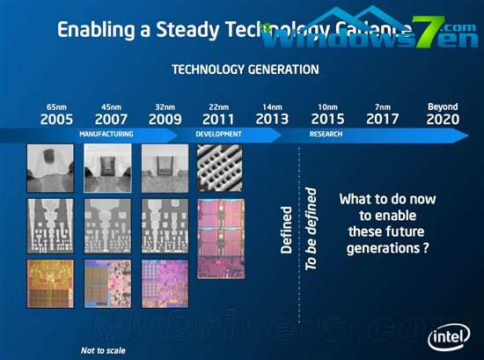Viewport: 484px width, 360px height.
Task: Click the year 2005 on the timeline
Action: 57,119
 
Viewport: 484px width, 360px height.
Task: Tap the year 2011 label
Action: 217,119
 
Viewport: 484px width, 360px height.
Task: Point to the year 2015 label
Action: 328,119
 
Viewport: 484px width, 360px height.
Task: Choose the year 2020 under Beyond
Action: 443,119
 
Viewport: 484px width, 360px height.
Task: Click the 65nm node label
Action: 57,107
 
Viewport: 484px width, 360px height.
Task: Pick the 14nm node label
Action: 272,107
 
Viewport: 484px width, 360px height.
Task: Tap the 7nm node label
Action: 382,107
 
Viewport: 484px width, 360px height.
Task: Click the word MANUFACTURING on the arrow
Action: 106,134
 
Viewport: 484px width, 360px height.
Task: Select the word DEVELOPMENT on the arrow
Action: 219,134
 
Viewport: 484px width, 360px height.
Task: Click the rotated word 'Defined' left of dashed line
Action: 286,231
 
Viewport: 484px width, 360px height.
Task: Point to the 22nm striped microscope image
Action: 218,168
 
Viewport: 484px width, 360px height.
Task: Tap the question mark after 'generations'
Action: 425,249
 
